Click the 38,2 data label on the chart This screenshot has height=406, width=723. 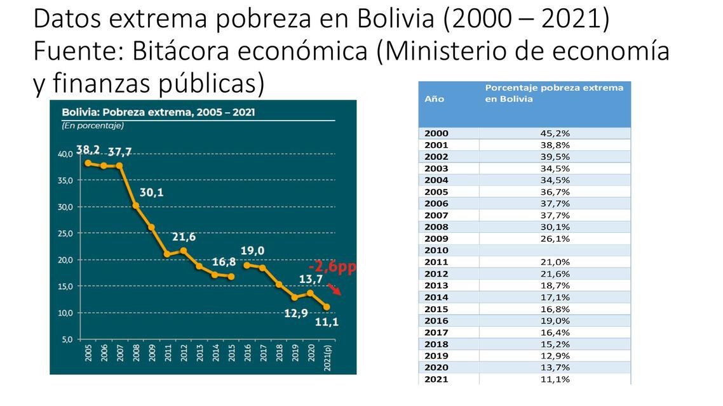click(89, 150)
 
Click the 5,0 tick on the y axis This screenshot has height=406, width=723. click(66, 339)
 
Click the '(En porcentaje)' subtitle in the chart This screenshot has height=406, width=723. click(93, 126)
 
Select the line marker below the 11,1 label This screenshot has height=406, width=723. click(327, 307)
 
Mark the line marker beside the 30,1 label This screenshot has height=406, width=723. click(136, 206)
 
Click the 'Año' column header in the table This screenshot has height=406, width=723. click(434, 99)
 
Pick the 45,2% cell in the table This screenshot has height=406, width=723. click(554, 133)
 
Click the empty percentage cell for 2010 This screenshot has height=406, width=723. click(554, 251)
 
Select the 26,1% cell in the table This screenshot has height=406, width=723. click(554, 239)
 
